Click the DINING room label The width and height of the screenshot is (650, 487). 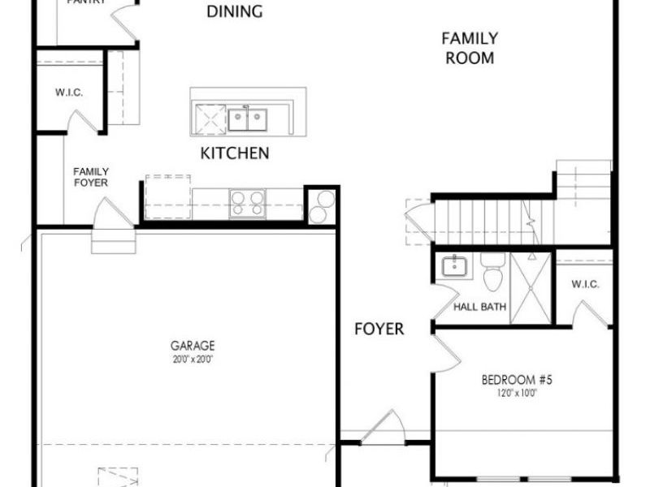coord(235,11)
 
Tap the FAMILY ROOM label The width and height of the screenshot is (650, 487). coord(470,48)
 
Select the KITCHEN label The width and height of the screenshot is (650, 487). coord(235,153)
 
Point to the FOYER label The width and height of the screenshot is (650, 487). coord(379,329)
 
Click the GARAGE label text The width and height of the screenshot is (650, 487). coord(193,346)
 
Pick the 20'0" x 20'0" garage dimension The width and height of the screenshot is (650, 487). coord(193,359)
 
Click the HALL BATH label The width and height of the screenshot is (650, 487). coord(480,307)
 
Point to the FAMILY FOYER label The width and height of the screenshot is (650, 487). coord(91,176)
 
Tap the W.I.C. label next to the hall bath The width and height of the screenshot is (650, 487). coord(585,284)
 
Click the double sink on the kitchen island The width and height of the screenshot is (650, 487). coord(248,119)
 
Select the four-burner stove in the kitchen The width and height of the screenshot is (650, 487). coord(247,202)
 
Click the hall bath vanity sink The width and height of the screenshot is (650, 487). coord(452,266)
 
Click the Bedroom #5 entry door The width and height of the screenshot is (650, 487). coord(444,351)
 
